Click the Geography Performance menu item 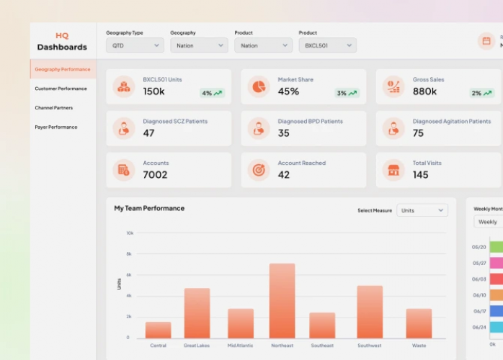tap(63, 70)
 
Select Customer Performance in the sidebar tap(61, 89)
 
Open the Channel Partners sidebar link tap(54, 108)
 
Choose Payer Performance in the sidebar tap(56, 127)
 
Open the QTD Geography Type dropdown tap(135, 45)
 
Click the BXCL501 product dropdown tap(327, 45)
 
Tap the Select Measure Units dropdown tap(422, 210)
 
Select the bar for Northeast tap(282, 300)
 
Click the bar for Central tap(158, 330)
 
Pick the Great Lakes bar tap(197, 313)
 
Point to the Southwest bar tap(370, 312)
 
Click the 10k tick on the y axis tap(130, 233)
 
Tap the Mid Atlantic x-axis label tap(241, 346)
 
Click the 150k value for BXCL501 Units tap(153, 91)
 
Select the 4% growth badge tap(212, 93)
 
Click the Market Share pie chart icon tap(259, 86)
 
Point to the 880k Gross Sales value tap(424, 91)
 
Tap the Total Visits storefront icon tap(393, 170)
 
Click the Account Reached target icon tap(259, 170)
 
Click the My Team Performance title tap(149, 208)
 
